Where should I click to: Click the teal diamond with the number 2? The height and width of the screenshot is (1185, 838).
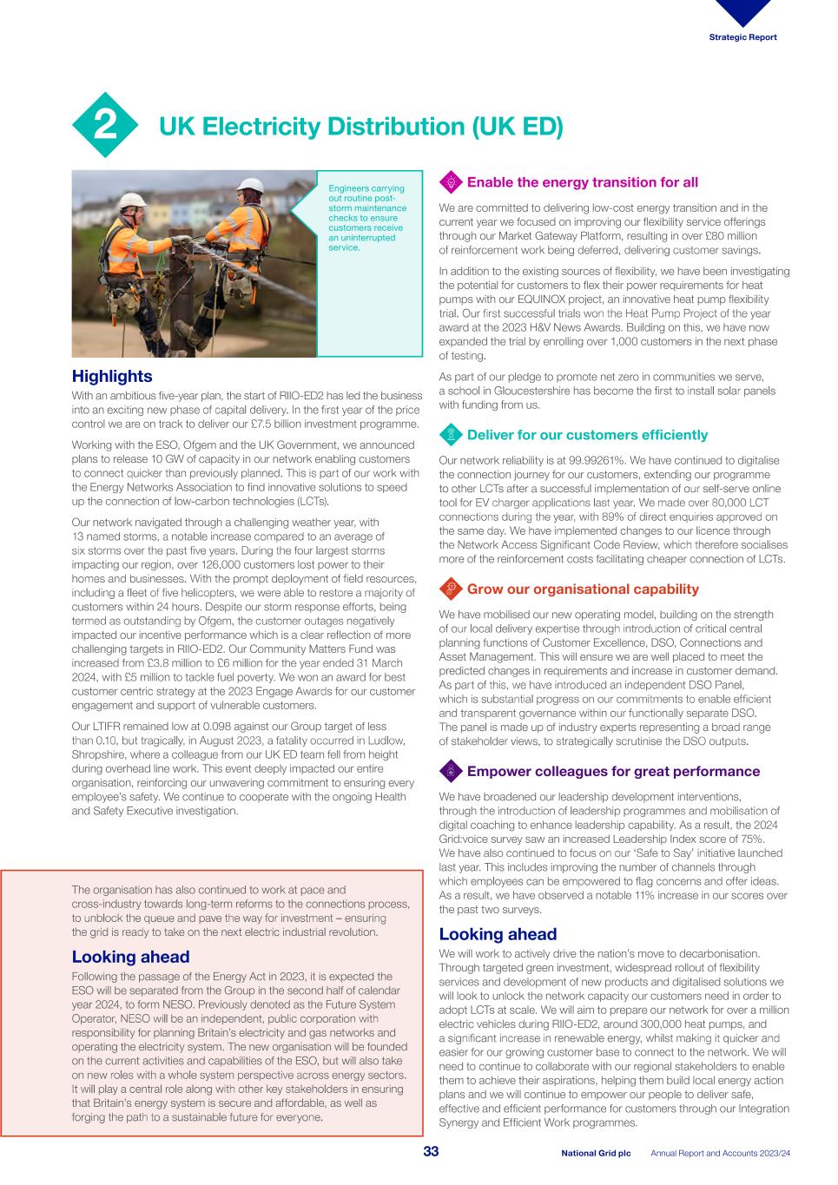(105, 126)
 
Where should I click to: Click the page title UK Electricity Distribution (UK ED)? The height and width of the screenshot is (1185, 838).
(360, 127)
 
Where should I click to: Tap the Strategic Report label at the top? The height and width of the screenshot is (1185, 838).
(742, 37)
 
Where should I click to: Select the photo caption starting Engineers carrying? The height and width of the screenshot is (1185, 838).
(366, 218)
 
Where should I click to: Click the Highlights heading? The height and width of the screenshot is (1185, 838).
(111, 376)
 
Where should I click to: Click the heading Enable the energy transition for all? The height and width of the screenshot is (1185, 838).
(582, 182)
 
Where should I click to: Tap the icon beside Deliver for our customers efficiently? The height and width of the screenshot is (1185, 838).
(451, 435)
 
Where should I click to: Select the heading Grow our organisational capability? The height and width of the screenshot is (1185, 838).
(582, 589)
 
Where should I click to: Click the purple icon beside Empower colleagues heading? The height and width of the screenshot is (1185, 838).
(451, 772)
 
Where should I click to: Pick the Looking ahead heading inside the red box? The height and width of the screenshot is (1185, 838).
(130, 957)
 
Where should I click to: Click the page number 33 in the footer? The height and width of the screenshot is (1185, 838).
(431, 1152)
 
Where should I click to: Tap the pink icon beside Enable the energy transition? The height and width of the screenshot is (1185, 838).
(451, 182)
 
